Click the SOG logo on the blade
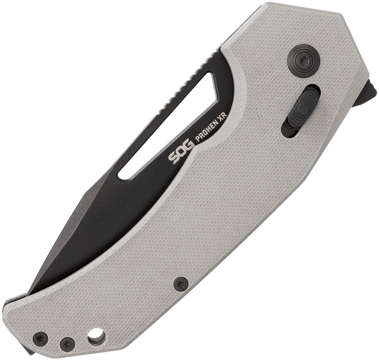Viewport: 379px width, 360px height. click(181, 150)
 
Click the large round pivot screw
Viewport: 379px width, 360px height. click(304, 60)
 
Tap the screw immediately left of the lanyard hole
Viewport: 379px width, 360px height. click(66, 342)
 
